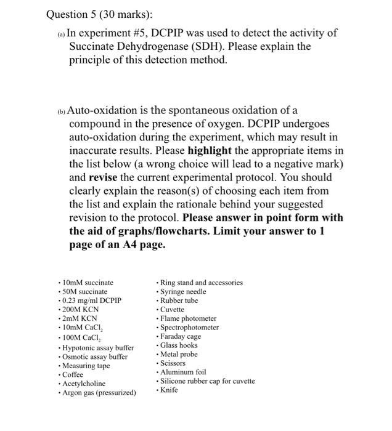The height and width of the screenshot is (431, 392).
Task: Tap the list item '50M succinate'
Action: [84, 291]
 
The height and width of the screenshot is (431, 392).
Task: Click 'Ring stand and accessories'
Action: [201, 283]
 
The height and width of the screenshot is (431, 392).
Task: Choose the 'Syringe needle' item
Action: [183, 291]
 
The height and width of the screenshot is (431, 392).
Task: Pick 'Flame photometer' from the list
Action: [188, 318]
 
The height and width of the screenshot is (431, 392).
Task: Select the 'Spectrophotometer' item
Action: [189, 328]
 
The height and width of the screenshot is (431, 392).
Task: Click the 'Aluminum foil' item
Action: [183, 372]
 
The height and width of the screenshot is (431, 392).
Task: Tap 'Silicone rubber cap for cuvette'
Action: [207, 381]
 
